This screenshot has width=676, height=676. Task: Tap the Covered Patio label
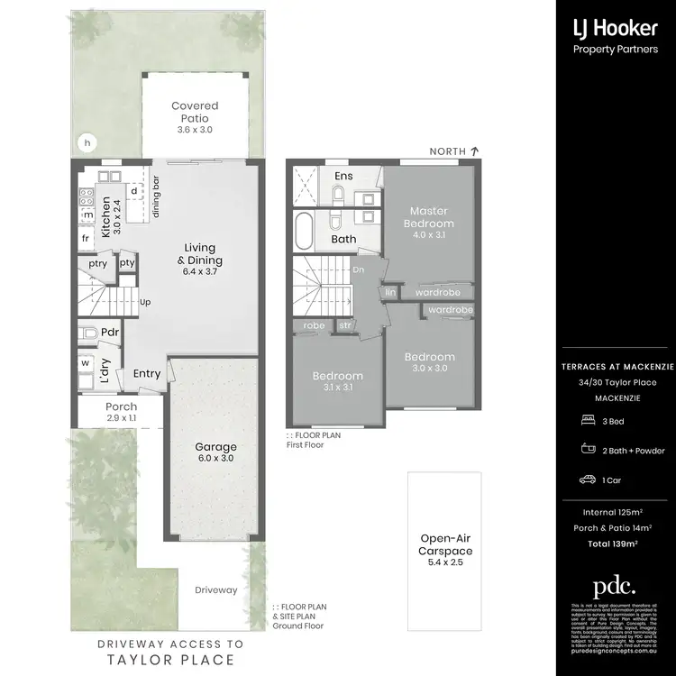pyautogui.click(x=195, y=112)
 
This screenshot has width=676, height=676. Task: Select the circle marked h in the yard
pyautogui.click(x=87, y=142)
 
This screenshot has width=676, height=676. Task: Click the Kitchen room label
pyautogui.click(x=105, y=216)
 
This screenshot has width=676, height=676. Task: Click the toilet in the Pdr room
pyautogui.click(x=88, y=333)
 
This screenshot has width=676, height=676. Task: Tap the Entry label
pyautogui.click(x=147, y=373)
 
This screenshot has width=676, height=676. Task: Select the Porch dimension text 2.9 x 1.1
pyautogui.click(x=120, y=419)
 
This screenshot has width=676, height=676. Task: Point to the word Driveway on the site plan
pyautogui.click(x=216, y=590)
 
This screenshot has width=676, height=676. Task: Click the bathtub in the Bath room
pyautogui.click(x=303, y=233)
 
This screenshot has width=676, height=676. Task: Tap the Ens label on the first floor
pyautogui.click(x=343, y=176)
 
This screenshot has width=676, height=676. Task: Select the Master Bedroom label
pyautogui.click(x=428, y=216)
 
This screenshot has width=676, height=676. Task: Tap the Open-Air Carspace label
pyautogui.click(x=445, y=545)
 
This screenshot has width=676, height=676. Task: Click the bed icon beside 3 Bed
pyautogui.click(x=588, y=420)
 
